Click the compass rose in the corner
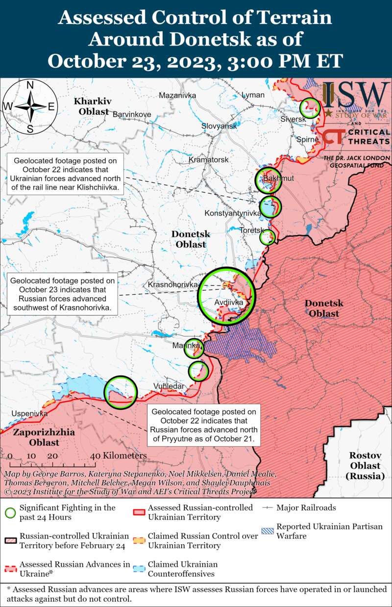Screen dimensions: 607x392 click(30, 106)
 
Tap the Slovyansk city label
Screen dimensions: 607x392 click(219, 126)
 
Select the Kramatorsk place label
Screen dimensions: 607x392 click(209, 160)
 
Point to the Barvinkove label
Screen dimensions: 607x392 click(132, 114)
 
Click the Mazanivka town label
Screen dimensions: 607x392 click(177, 95)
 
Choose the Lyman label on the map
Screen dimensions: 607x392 click(253, 95)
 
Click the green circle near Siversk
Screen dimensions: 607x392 click(310, 107)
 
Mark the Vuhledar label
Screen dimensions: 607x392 click(169, 386)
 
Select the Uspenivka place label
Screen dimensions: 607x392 click(29, 413)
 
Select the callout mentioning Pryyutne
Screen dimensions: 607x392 click(203, 426)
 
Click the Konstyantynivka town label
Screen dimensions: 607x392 click(232, 213)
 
